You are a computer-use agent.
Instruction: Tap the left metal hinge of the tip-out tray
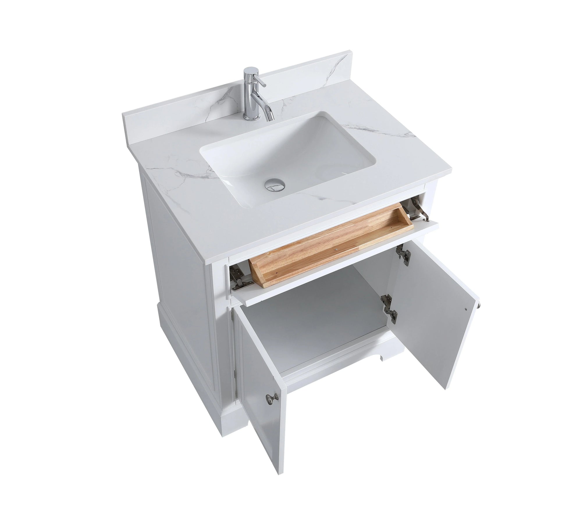coord(237,280)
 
